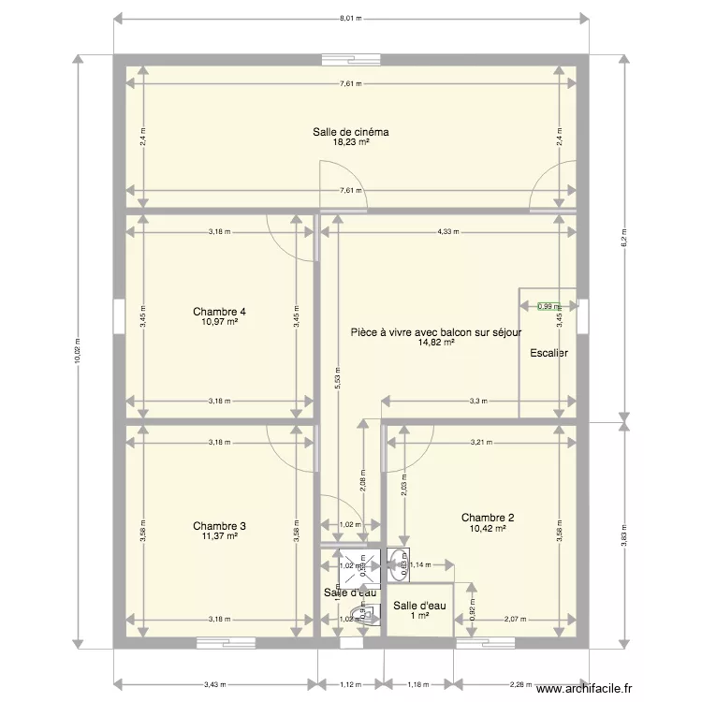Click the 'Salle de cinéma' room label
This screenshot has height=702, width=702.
pos(351,132)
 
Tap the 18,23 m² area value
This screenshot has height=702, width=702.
pos(351,142)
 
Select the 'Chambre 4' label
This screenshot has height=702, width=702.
pos(219,311)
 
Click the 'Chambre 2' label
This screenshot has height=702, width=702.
pos(487,517)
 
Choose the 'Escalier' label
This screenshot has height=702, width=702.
pos(548,353)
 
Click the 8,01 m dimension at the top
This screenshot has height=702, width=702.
pos(350,19)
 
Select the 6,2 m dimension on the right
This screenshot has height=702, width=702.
pos(624,239)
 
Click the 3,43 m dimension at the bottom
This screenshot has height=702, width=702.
pos(216,682)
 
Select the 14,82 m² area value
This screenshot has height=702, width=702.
pos(436,343)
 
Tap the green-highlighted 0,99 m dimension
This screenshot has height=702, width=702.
pos(548,306)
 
